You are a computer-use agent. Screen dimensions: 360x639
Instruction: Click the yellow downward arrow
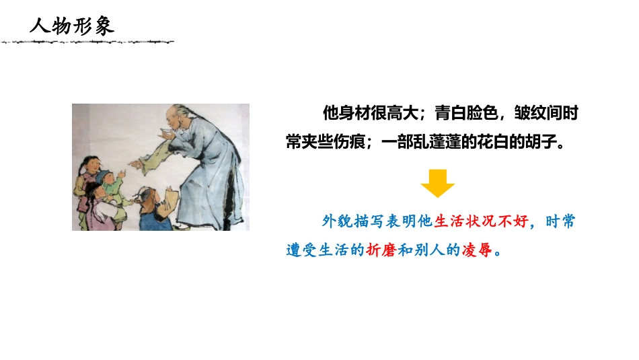[x=438, y=182]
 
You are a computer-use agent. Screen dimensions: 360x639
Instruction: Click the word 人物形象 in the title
[x=72, y=26]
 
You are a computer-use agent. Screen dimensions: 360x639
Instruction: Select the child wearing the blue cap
[x=106, y=182]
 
